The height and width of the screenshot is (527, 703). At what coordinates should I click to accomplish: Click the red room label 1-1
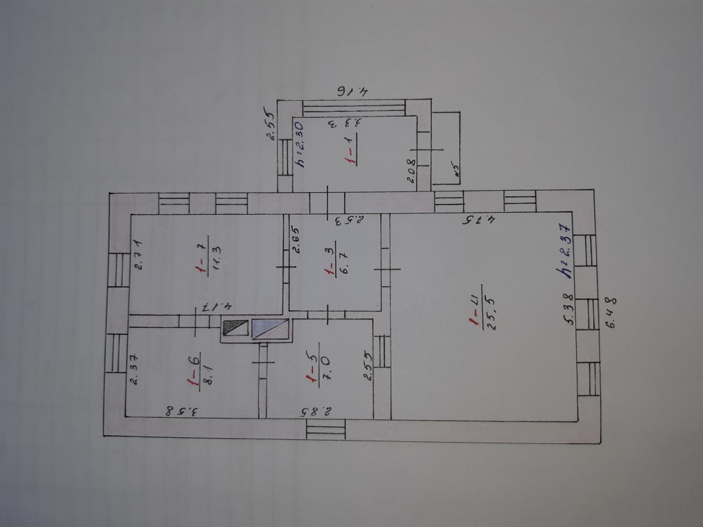(x=350, y=152)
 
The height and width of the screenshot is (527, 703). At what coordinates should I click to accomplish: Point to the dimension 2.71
(x=137, y=254)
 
